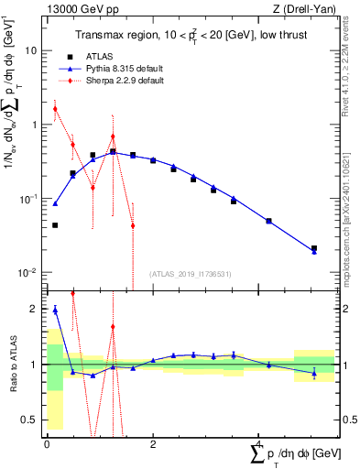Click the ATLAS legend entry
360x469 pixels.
[x=110, y=56]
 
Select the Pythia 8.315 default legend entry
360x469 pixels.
[x=129, y=69]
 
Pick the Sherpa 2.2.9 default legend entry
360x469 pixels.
[x=131, y=82]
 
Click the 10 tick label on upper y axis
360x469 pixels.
[x=31, y=51]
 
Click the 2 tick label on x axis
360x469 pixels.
[x=153, y=444]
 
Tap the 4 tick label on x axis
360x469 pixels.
[x=259, y=444]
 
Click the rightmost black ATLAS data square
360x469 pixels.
[x=314, y=248]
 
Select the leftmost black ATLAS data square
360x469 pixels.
[x=55, y=224]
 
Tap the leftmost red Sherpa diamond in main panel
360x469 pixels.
[x=55, y=109]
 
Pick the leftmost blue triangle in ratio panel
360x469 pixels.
[x=55, y=310]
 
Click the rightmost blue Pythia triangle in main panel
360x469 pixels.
[x=314, y=251]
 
